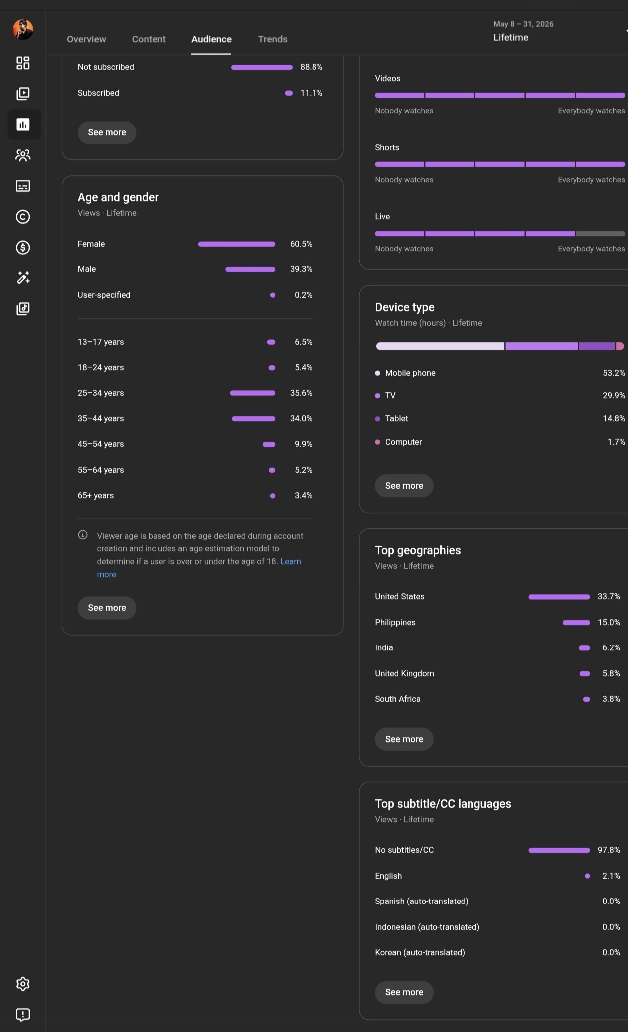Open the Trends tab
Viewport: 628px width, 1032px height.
[x=273, y=39]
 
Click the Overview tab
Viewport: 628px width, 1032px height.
[x=86, y=39]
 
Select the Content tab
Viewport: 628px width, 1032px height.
[x=149, y=39]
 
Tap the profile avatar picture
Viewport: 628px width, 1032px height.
[x=23, y=29]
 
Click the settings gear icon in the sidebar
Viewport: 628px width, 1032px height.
[x=23, y=984]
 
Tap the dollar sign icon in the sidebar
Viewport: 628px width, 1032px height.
[x=23, y=248]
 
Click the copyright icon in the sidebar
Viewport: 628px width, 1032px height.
[x=23, y=217]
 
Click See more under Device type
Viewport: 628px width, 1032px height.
[x=404, y=486]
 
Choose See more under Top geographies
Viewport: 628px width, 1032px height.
[x=404, y=739]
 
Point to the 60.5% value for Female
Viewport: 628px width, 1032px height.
[x=301, y=244]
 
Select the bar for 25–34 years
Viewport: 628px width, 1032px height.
[x=253, y=393]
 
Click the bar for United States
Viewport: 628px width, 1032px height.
[x=559, y=597]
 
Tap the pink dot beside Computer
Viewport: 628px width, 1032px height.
[x=378, y=442]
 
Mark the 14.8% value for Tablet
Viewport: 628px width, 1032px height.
[x=614, y=419]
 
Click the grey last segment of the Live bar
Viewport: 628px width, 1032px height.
[x=600, y=234]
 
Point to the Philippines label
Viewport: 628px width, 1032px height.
[x=395, y=623]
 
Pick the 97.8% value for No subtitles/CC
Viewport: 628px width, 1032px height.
[x=609, y=850]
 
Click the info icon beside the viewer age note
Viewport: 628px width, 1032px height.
[x=83, y=535]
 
